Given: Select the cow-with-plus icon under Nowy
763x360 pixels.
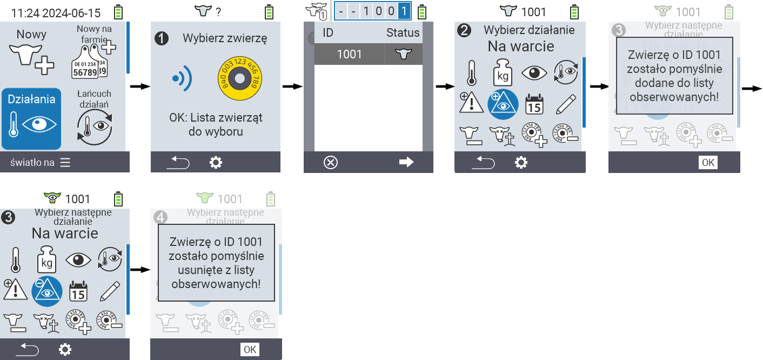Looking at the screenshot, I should click(32, 59).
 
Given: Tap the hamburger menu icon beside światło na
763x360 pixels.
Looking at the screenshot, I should click(65, 162).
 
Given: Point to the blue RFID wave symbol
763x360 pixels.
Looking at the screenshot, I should click(182, 79).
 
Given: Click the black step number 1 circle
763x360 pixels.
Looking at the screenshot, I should click(161, 38).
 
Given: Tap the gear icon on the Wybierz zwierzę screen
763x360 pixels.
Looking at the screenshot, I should click(216, 162).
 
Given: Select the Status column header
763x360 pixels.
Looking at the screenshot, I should click(403, 32).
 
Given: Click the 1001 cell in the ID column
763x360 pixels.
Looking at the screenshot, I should click(349, 54).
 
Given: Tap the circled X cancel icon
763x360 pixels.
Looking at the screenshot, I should click(330, 162).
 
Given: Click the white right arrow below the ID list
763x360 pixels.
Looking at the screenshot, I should click(406, 162).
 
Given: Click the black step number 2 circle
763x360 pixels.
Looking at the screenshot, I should click(464, 30).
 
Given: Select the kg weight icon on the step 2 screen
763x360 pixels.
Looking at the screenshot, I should click(503, 72).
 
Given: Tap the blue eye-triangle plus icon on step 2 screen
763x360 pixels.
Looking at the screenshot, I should click(503, 104).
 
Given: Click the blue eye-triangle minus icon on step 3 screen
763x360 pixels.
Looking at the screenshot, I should click(47, 291).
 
